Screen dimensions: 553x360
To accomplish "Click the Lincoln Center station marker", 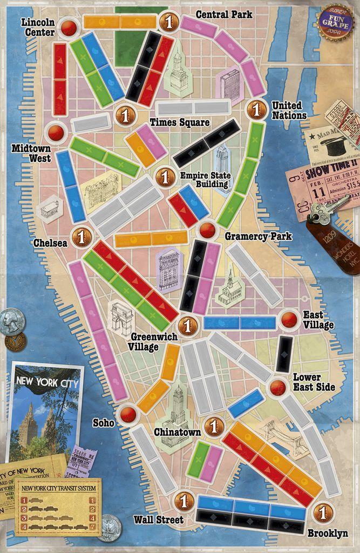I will tap(69, 27).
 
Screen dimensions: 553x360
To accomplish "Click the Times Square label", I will tap(179, 123).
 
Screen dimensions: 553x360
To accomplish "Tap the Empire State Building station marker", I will tap(165, 177).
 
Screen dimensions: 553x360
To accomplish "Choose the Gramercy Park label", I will tap(258, 237).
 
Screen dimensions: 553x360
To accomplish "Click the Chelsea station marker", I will tap(82, 237).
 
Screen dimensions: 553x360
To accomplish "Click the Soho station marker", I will tap(128, 414).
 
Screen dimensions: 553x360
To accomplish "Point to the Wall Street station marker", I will tap(184, 501).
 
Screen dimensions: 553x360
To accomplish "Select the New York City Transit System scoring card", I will tap(58, 506).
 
